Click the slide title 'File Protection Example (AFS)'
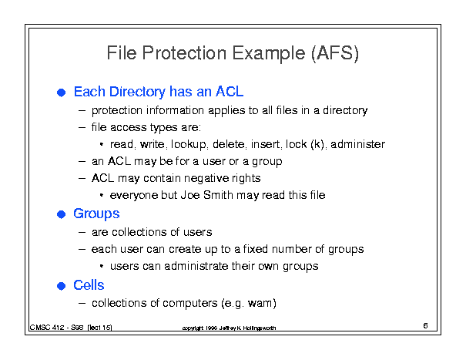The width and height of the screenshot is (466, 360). pos(233,53)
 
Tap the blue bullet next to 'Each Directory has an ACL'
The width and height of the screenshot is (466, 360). pos(61,93)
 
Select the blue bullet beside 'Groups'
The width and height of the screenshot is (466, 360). pos(61,214)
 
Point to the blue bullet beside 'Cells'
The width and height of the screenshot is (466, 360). pos(61,286)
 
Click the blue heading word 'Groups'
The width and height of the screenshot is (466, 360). pos(96,214)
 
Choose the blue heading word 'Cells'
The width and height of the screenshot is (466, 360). pos(89,285)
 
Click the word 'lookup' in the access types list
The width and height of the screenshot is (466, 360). pos(189,145)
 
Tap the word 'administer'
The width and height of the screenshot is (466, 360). pos(358,144)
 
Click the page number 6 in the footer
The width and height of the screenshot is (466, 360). pos(426,326)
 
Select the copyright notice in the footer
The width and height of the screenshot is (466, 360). pos(229,328)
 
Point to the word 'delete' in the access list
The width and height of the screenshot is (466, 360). pos(229,144)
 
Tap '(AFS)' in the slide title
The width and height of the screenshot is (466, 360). pos(335,53)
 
